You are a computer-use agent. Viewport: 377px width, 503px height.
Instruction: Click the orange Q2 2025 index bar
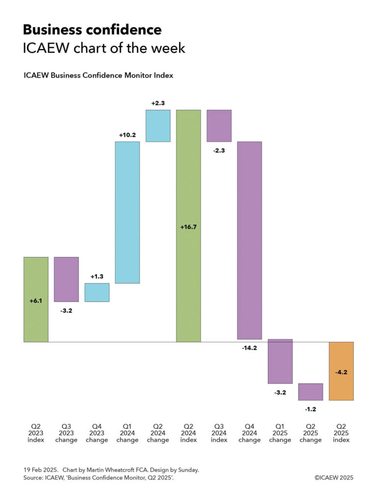point(341,371)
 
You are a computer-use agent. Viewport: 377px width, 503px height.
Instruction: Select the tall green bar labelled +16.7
point(188,225)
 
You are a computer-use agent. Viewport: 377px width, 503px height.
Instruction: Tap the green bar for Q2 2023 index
point(36,299)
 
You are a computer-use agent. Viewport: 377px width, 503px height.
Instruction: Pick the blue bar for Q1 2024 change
point(127,212)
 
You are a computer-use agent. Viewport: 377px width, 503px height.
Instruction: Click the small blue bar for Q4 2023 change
point(97,292)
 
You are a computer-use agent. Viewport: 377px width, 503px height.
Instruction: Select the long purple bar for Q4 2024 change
point(249,240)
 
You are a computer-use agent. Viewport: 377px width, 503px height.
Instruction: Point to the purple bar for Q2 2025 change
point(311,391)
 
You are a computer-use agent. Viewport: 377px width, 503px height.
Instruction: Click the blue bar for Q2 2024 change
point(158,126)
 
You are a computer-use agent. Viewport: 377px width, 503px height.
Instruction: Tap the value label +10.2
point(127,135)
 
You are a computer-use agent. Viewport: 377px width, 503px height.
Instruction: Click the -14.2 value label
point(249,348)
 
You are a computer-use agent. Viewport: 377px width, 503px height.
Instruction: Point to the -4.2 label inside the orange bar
point(341,359)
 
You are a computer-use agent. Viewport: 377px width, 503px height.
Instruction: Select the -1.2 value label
point(311,409)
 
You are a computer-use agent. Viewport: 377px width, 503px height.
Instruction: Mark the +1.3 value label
point(97,277)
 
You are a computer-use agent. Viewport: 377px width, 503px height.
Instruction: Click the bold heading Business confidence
point(92,30)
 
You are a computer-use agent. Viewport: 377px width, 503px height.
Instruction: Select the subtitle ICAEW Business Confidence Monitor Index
point(98,76)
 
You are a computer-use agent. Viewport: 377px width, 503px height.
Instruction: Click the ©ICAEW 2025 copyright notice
point(334,477)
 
